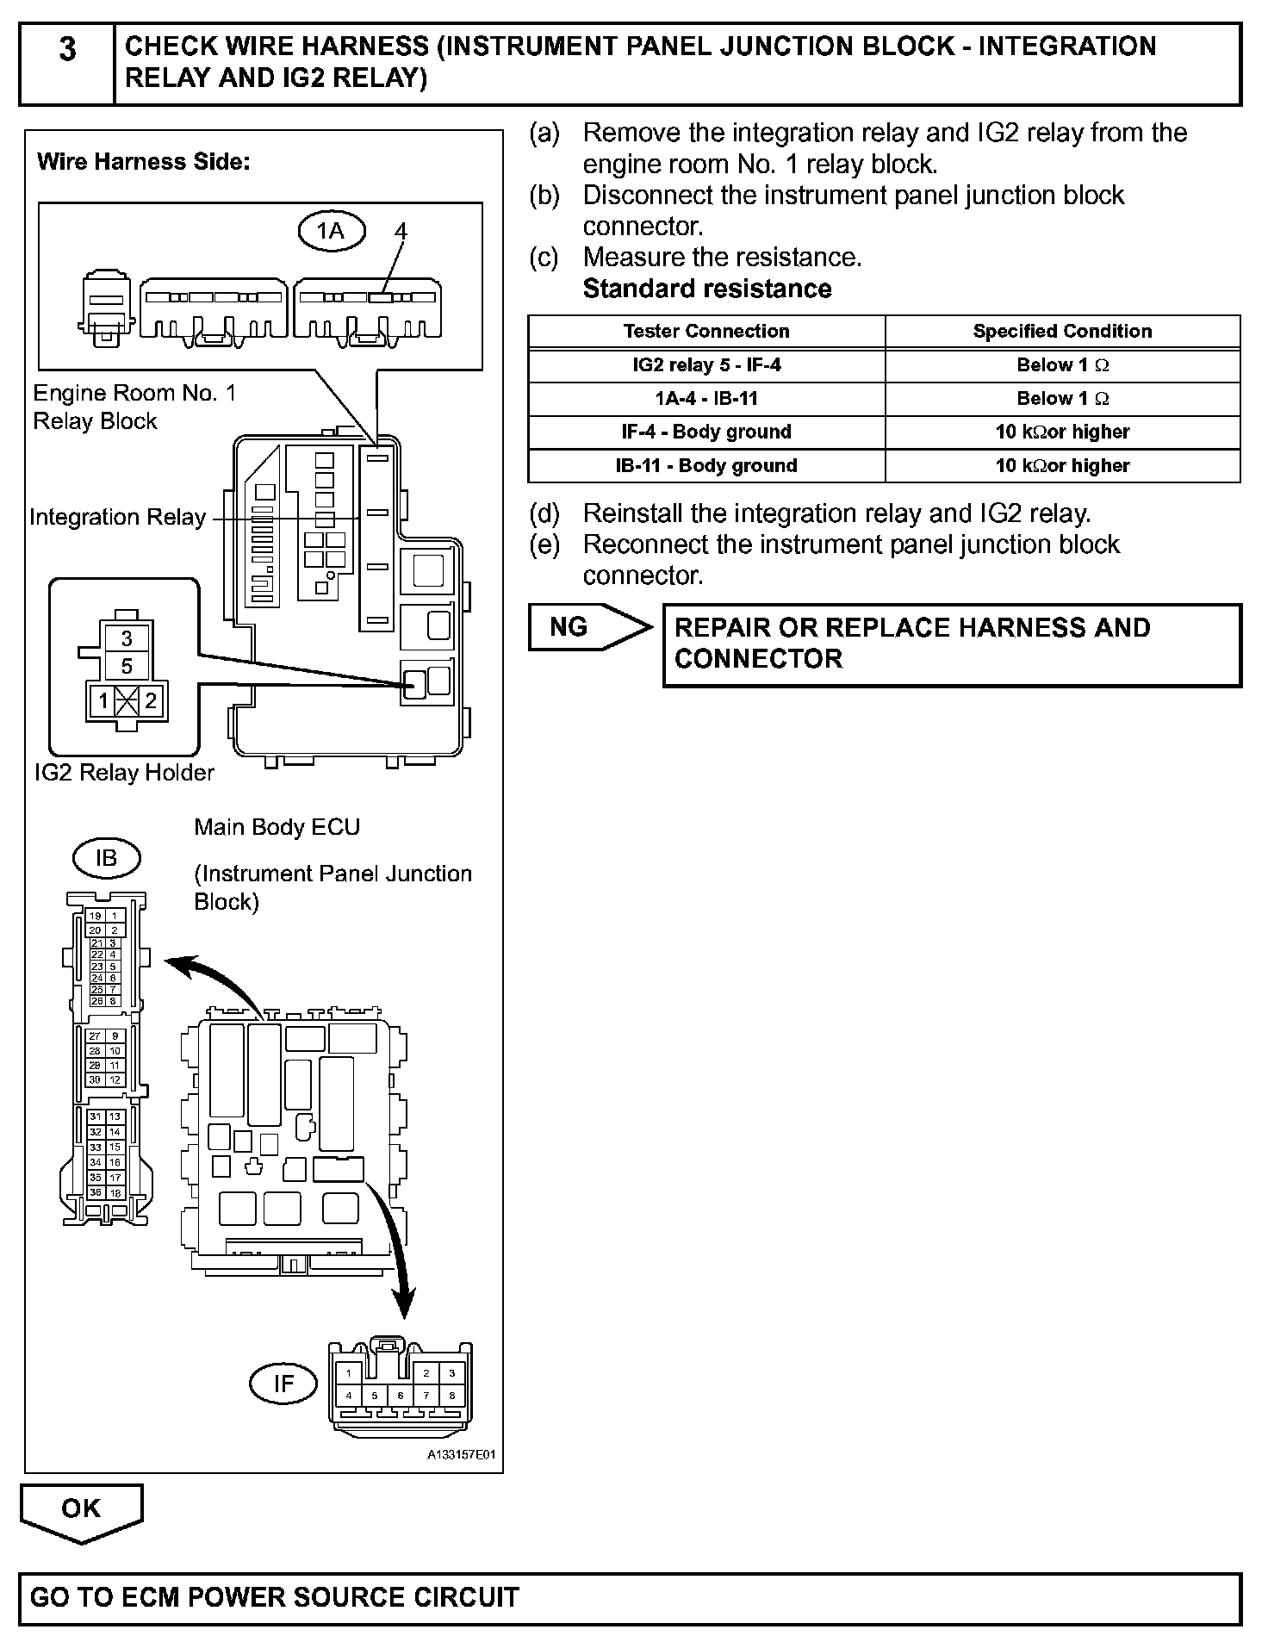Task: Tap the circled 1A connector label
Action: (331, 231)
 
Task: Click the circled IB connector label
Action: (106, 858)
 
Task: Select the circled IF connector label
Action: (283, 1384)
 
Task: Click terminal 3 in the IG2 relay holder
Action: (127, 638)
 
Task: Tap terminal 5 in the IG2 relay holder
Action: (127, 666)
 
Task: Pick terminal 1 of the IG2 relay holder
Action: (103, 700)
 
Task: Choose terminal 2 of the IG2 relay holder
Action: (151, 700)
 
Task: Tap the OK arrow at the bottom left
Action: (81, 1512)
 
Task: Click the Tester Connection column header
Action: (706, 332)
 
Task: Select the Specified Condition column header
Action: (1062, 332)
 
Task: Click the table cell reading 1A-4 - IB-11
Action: (706, 399)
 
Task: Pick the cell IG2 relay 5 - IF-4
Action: (706, 365)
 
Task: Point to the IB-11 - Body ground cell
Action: (706, 466)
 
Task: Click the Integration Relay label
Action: (118, 517)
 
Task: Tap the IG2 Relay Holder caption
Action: (124, 773)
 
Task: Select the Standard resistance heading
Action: (707, 289)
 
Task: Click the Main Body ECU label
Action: (277, 827)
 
